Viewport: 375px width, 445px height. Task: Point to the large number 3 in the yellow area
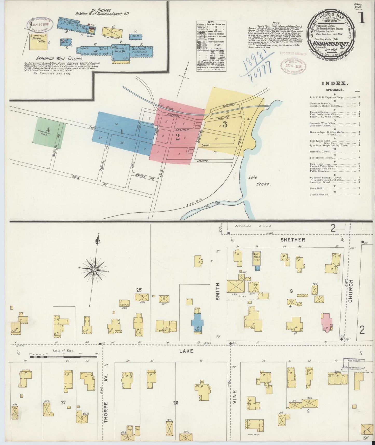pos(225,125)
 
